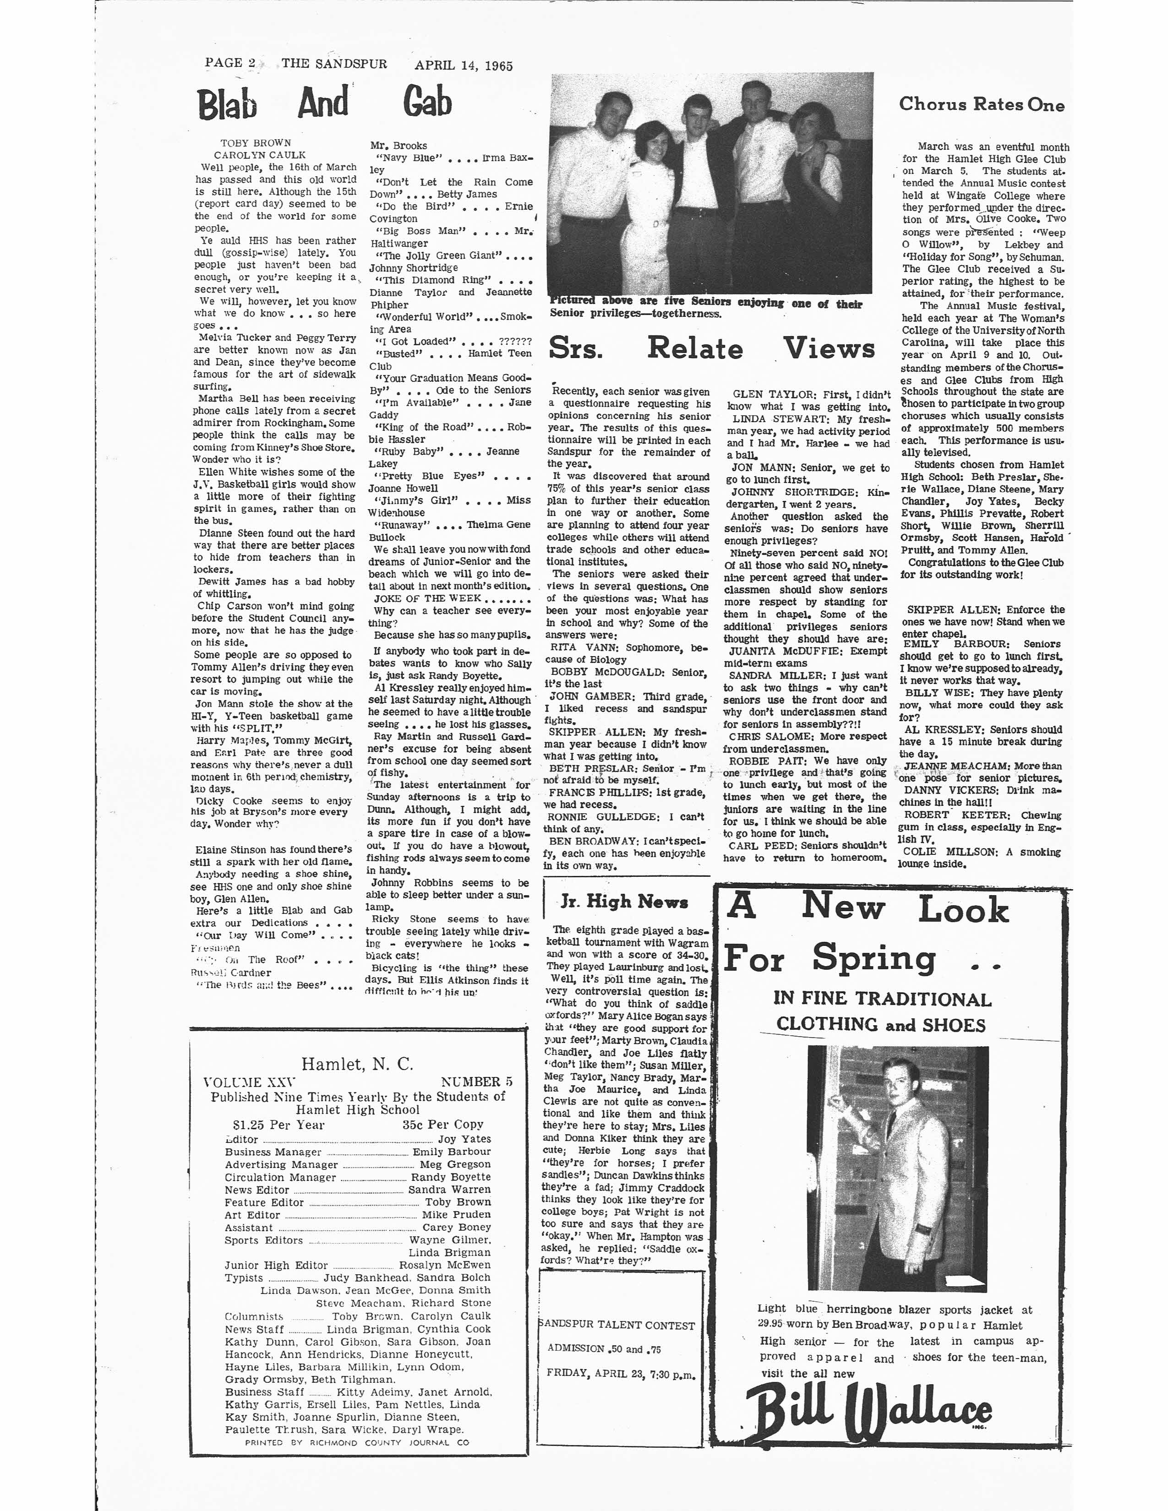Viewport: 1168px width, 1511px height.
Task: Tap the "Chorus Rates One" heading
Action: [x=981, y=104]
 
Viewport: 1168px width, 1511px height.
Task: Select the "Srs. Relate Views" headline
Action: [x=712, y=348]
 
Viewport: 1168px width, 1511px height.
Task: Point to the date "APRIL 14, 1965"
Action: [x=464, y=66]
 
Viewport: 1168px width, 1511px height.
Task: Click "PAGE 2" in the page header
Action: [x=230, y=64]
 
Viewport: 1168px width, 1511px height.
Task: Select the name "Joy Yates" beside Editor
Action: [x=464, y=1139]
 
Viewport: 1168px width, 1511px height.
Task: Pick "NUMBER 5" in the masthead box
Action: [x=476, y=1082]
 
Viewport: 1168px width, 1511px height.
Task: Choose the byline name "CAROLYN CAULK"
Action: [x=259, y=155]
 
